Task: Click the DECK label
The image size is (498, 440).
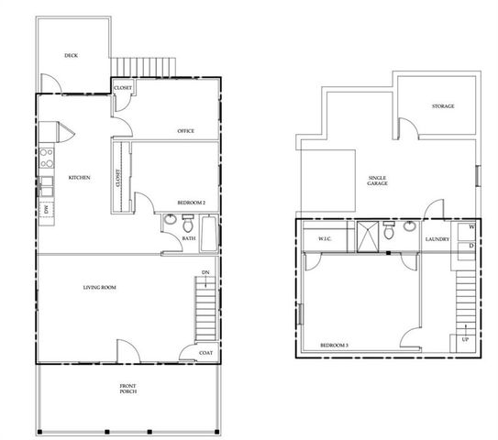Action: pyautogui.click(x=71, y=56)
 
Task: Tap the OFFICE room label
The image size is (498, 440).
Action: pyautogui.click(x=185, y=131)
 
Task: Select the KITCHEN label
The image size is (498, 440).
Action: pyautogui.click(x=80, y=177)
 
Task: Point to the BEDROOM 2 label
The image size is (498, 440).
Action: pyautogui.click(x=191, y=203)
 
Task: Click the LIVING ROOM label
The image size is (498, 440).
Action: pyautogui.click(x=99, y=288)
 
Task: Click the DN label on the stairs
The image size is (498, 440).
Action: pyautogui.click(x=206, y=274)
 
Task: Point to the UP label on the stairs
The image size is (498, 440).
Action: pyautogui.click(x=465, y=340)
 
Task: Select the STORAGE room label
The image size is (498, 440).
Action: pyautogui.click(x=443, y=106)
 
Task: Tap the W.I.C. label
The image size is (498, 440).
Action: pyautogui.click(x=324, y=240)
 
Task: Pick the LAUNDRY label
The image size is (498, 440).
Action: pyautogui.click(x=437, y=240)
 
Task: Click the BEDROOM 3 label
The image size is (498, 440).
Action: pyautogui.click(x=334, y=346)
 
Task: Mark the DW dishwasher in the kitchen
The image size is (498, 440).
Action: pyautogui.click(x=46, y=210)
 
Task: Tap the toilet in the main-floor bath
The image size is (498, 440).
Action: pyautogui.click(x=187, y=224)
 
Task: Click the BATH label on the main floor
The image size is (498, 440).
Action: pyautogui.click(x=188, y=239)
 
